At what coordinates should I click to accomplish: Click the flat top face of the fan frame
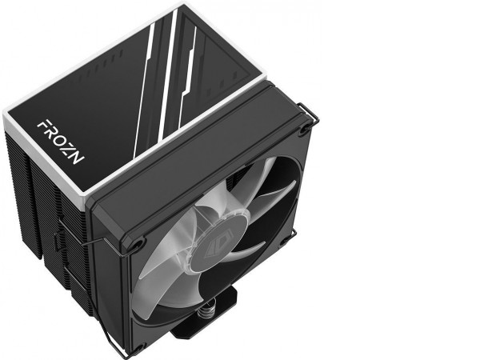coord(200,152)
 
